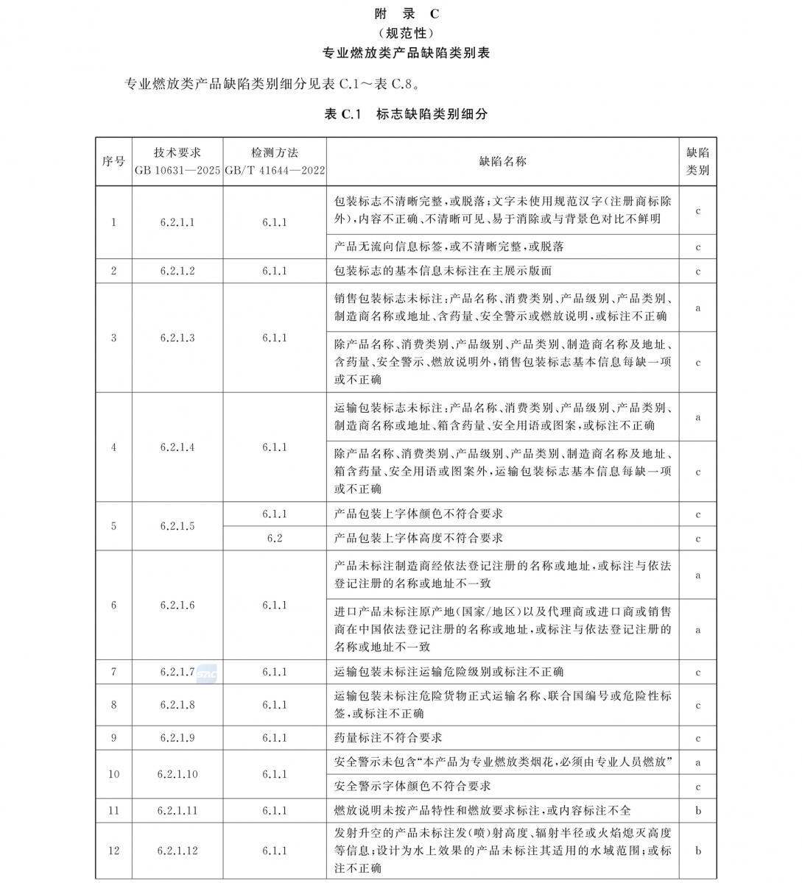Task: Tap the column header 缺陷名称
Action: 503,161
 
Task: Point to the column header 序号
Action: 113,161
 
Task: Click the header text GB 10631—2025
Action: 177,170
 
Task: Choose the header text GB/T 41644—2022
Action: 275,170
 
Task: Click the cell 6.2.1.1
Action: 177,222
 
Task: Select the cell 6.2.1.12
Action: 177,851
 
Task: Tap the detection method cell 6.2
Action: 275,538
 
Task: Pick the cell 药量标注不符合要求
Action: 388,737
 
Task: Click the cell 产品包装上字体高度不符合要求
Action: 418,538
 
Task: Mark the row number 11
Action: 113,810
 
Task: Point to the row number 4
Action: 113,447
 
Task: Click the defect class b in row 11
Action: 698,810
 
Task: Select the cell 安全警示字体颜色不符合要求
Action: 412,786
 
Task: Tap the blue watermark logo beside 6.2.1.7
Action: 207,673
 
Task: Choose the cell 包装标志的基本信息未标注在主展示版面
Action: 443,271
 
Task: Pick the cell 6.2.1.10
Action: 177,774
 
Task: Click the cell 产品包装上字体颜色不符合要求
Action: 418,514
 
